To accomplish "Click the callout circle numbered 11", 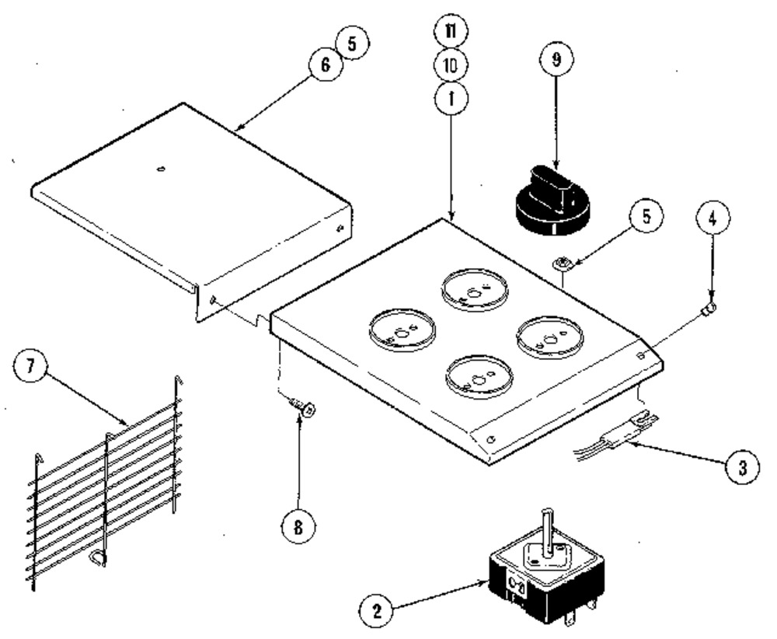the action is click(451, 31).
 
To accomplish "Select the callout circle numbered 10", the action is click(451, 65).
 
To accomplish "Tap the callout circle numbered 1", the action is click(451, 99).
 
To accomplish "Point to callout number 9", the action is click(556, 60).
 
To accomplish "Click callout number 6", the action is click(326, 64).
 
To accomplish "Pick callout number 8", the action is click(299, 527).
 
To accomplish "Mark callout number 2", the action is click(377, 611).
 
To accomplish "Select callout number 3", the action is click(742, 467).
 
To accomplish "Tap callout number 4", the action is click(713, 217).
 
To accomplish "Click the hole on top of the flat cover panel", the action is click(161, 169).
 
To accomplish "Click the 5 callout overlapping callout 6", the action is click(352, 43).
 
